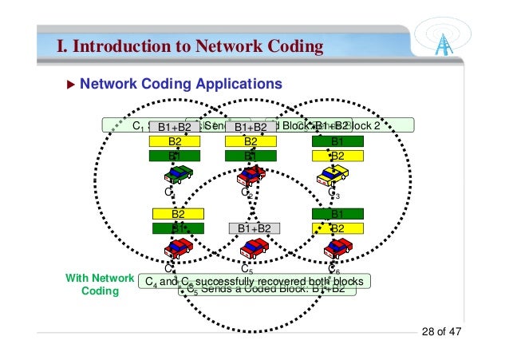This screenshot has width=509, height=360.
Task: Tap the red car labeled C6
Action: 337,248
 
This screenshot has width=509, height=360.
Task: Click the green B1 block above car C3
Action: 337,141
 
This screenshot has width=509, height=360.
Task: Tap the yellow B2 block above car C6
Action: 337,227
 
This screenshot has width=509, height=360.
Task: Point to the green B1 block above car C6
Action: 337,214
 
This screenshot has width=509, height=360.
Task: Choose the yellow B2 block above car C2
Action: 251,141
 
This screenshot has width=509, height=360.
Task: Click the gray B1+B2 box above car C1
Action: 174,127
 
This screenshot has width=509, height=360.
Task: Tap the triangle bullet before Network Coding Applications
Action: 71,83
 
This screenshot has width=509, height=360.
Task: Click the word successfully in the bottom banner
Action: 233,282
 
